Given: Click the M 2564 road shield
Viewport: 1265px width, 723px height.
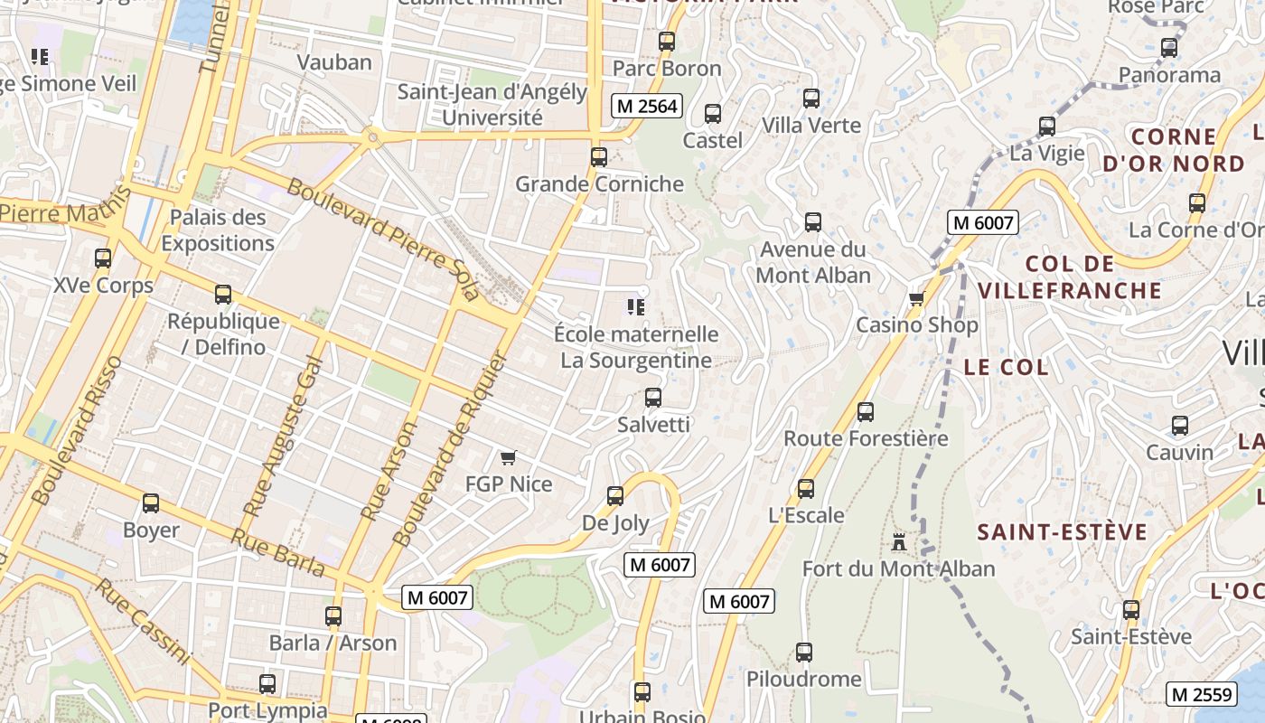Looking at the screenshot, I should click(x=646, y=106).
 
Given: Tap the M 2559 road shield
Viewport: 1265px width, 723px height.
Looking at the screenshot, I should click(x=1201, y=694).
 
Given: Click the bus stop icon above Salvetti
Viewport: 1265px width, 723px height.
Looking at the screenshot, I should click(x=652, y=398).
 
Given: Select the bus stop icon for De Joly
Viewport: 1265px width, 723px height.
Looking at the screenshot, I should click(x=615, y=496).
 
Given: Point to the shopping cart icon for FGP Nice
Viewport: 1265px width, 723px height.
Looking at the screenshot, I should click(x=508, y=458).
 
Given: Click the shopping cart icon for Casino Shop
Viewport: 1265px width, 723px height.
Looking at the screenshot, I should click(x=916, y=298).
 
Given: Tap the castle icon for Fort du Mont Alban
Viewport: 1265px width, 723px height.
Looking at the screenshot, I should click(x=898, y=542).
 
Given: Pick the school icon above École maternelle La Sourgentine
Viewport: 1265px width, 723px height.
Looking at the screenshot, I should click(x=635, y=307).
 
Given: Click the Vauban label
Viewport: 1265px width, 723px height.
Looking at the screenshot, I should click(x=334, y=62).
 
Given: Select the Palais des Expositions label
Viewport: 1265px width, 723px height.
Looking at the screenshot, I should click(x=218, y=230).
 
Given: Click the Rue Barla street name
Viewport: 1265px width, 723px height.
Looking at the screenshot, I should click(x=277, y=551).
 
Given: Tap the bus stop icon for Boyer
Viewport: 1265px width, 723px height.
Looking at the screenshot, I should click(x=151, y=503).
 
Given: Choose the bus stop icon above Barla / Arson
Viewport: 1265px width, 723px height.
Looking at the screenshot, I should click(x=333, y=616).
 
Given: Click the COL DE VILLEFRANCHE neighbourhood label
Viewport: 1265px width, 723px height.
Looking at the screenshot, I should click(x=1070, y=277).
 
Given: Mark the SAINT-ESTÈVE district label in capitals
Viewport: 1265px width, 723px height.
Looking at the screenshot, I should click(x=1062, y=532).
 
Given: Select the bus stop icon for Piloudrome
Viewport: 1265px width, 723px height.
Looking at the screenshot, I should click(x=804, y=653).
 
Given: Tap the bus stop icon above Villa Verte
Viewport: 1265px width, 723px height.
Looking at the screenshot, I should click(x=811, y=99).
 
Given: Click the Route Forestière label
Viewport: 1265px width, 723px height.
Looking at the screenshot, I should click(x=866, y=438).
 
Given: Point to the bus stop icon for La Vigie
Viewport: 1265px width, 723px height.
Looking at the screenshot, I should click(x=1047, y=127).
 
